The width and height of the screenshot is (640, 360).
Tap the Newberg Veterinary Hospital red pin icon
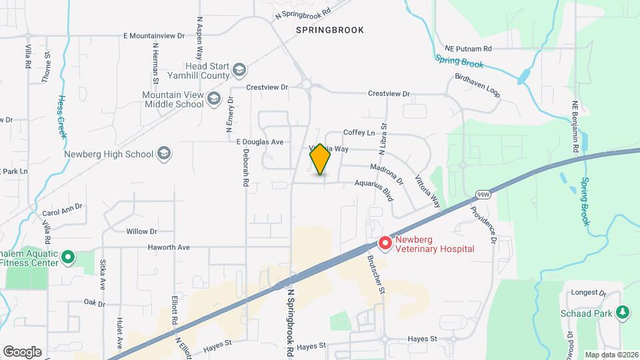[385, 244]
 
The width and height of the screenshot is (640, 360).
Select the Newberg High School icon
[164, 154]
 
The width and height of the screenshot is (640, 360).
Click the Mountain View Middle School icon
[213, 100]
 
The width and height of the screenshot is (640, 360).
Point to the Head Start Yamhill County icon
[239, 69]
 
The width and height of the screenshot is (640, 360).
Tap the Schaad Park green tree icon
[623, 311]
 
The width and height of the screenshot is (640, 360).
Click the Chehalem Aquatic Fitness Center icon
[67, 257]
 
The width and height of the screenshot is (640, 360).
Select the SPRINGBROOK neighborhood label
[330, 30]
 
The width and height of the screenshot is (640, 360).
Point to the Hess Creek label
[61, 116]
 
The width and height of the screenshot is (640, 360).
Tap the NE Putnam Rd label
[468, 48]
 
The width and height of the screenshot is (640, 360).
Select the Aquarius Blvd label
[375, 189]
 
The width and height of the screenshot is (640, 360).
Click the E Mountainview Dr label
[155, 35]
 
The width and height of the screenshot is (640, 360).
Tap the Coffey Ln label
[359, 133]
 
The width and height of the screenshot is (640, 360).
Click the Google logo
[22, 351]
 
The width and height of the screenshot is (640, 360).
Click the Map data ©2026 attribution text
[611, 355]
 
